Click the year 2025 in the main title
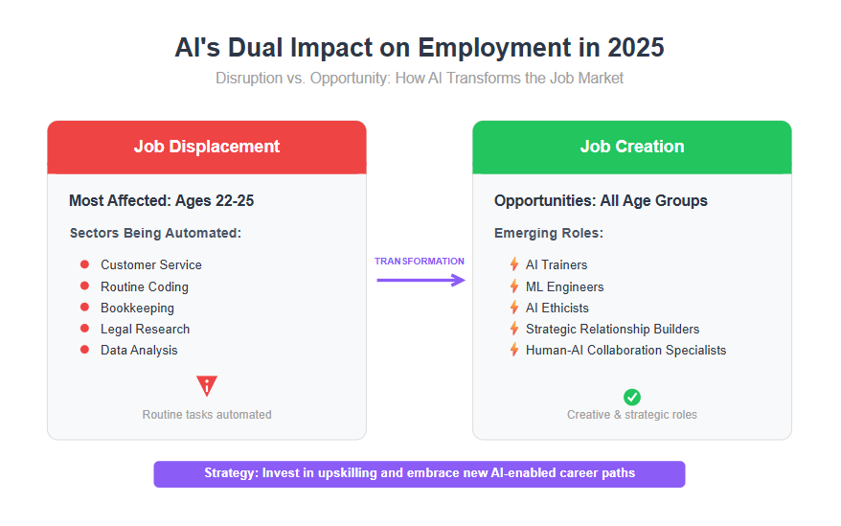tap(636, 48)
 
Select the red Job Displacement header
tap(207, 147)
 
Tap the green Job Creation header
tap(632, 147)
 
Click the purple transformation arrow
tap(420, 280)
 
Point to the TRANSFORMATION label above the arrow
tap(420, 262)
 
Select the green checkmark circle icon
tap(632, 398)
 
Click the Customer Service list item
tap(151, 264)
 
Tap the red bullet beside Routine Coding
tap(84, 286)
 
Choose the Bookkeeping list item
tap(137, 309)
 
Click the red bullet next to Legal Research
tap(84, 328)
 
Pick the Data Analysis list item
tap(139, 350)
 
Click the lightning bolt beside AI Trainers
tap(514, 264)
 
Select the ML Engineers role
tap(565, 286)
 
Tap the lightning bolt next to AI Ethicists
tap(514, 307)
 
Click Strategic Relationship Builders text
tap(612, 329)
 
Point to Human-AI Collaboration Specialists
tap(625, 350)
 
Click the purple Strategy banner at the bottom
tap(420, 474)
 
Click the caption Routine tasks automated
tap(207, 414)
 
